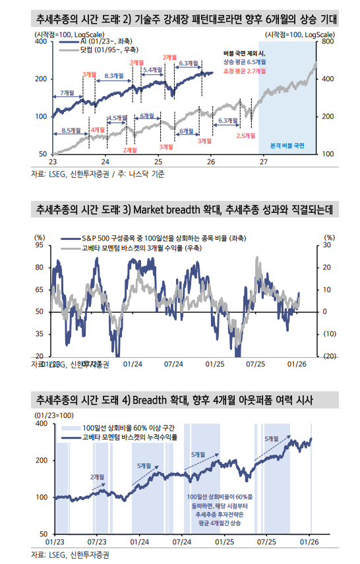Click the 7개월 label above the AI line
[67, 93]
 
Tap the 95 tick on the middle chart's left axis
[39, 245]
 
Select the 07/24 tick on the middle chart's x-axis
[173, 363]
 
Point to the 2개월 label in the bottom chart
[99, 476]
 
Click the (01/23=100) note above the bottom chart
[53, 416]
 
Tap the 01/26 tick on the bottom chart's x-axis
[309, 541]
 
